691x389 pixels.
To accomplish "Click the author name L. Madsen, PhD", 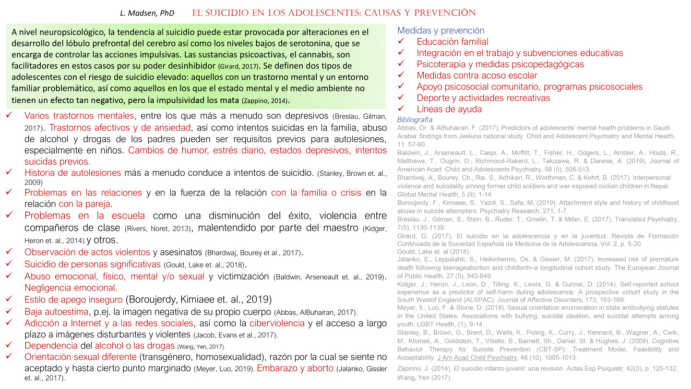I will tap(147, 13).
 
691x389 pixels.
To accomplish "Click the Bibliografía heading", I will tap(415, 119).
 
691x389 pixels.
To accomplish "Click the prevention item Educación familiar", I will tap(452, 42).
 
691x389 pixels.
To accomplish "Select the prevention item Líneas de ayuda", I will tap(449, 109).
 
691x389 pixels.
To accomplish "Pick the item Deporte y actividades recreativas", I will tap(483, 98).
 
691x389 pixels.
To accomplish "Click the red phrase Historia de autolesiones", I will tap(72, 172).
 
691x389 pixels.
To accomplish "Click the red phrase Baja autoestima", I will tap(54, 311).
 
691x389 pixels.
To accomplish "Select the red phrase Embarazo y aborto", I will tap(295, 368).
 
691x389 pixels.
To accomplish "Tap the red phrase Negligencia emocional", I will tap(71, 288).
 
